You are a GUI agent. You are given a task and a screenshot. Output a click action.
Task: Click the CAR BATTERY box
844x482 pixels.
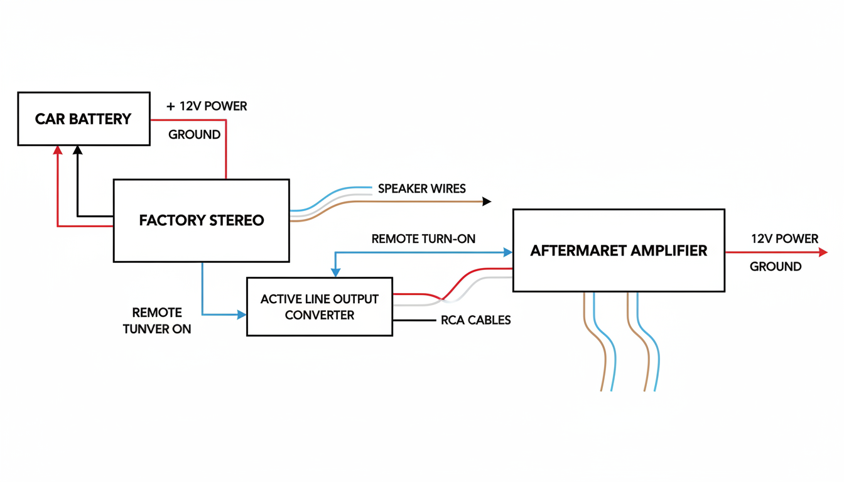(x=84, y=119)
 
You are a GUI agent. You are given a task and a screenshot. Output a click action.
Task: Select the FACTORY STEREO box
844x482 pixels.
(x=201, y=220)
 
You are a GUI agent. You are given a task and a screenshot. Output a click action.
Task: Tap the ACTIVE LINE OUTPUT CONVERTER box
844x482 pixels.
(x=319, y=307)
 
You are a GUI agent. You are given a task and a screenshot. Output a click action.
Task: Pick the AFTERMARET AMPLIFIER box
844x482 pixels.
(x=619, y=250)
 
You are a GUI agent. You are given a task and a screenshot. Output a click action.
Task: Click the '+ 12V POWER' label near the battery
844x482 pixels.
(x=207, y=106)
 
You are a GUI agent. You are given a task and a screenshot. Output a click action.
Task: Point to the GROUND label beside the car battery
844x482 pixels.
(x=194, y=134)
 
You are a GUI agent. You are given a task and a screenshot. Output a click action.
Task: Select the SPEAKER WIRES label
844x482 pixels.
(x=422, y=188)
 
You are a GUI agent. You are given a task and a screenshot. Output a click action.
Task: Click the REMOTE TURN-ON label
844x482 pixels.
(x=423, y=238)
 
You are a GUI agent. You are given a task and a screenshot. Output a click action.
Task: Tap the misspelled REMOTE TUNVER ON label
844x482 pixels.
(x=157, y=321)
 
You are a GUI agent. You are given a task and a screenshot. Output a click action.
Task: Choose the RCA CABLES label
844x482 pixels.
(x=476, y=320)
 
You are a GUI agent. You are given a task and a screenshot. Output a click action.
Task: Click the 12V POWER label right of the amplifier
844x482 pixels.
(x=784, y=238)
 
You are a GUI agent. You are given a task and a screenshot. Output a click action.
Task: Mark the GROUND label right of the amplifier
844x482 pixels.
(x=776, y=267)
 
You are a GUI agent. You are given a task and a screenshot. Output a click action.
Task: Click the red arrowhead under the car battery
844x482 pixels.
(x=58, y=150)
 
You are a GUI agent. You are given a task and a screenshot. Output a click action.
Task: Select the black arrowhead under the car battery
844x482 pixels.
(x=77, y=150)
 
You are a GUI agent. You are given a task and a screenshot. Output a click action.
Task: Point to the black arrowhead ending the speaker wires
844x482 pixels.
(x=487, y=201)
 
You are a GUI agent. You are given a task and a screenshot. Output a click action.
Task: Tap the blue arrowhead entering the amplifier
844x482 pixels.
(x=508, y=252)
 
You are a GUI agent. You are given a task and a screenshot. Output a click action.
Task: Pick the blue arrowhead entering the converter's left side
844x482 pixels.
(x=242, y=314)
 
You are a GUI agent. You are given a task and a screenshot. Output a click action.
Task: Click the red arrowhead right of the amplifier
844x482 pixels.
(x=823, y=252)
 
